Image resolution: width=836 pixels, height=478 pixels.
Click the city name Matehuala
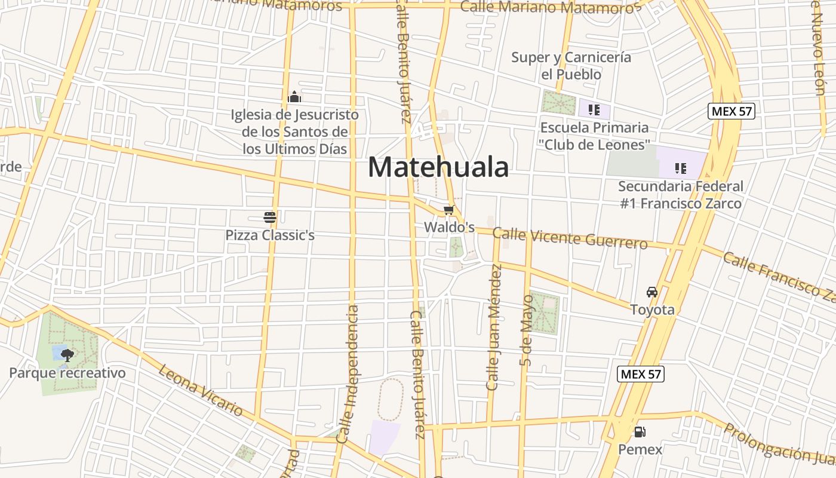pos(438,167)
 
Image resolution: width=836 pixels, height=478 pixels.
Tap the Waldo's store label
pos(449,227)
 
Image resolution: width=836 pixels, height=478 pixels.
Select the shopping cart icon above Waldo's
pos(448,210)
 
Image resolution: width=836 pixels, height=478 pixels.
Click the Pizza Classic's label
pos(270,235)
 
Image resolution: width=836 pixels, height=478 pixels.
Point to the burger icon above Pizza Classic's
pos(270,217)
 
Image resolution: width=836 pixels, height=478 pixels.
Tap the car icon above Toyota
pos(652,292)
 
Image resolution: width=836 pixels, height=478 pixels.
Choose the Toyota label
pos(653,310)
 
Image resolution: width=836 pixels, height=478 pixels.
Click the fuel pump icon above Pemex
pos(640,431)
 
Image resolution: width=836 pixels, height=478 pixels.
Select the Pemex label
pos(640,449)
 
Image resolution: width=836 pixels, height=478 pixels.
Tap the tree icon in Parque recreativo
pos(67,356)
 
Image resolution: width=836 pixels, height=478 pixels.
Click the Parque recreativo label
pos(67,373)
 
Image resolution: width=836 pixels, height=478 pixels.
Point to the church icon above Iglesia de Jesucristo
pos(294,97)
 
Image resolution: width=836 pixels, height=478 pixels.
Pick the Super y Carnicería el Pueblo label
pos(571,66)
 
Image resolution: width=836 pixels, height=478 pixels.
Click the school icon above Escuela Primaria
pos(594,109)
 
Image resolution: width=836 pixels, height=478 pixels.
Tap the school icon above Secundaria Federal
pos(680,168)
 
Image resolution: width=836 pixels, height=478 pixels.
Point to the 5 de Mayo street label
pos(525,330)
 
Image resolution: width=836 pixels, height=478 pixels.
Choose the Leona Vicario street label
pos(201,390)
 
